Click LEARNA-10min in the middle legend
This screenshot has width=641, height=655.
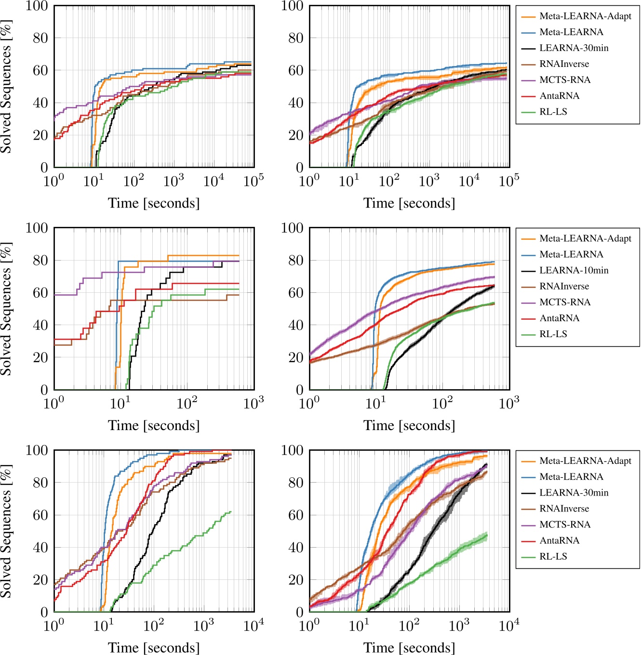click(x=574, y=270)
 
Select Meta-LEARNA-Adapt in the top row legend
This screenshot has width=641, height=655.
click(x=585, y=16)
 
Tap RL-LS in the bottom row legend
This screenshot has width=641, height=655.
click(x=553, y=556)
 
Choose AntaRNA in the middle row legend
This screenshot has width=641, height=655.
click(x=559, y=318)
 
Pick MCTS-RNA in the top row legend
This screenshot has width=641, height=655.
click(x=565, y=79)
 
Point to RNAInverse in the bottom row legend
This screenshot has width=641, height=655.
click(x=564, y=509)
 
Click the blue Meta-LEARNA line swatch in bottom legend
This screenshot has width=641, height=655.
click(x=528, y=477)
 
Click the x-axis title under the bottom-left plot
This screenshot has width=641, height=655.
click(x=154, y=647)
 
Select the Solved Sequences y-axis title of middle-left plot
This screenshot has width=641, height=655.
click(x=6, y=309)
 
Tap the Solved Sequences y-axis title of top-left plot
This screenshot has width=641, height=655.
click(x=6, y=87)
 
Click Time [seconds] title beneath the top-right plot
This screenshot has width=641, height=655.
click(x=409, y=203)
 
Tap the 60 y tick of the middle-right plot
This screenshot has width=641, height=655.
click(x=295, y=293)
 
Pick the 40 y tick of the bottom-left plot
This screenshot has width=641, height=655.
click(x=40, y=548)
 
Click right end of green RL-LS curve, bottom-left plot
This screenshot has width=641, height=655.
click(x=231, y=511)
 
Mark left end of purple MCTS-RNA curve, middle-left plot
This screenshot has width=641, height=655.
click(x=55, y=295)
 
